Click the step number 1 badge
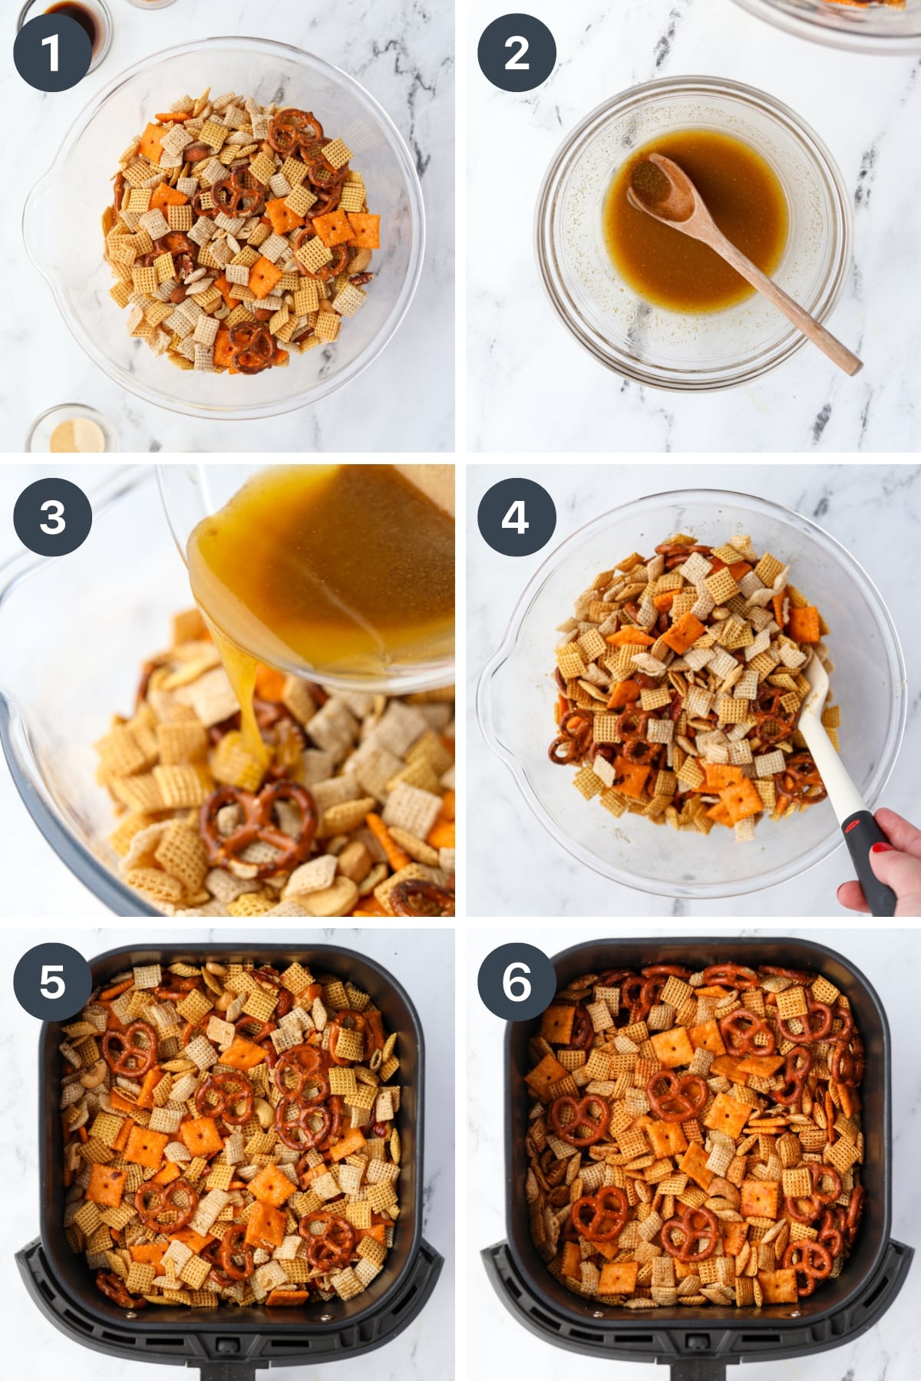(x=51, y=53)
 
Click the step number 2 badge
(x=517, y=53)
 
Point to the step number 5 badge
(x=51, y=981)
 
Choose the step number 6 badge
(x=517, y=981)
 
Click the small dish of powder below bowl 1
(x=73, y=433)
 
